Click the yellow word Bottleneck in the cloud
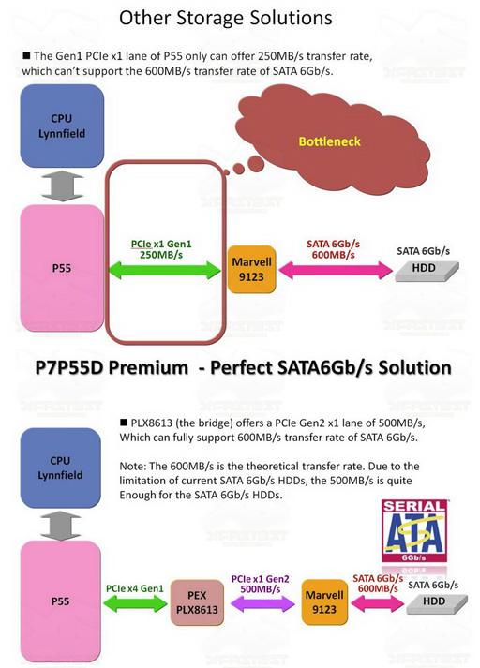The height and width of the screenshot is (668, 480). point(329,141)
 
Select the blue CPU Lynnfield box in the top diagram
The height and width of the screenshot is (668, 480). point(62,126)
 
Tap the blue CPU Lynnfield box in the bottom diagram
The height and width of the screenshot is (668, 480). point(61,468)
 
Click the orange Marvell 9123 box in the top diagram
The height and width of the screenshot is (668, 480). point(251,269)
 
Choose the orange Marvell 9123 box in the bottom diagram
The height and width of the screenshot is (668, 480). point(324,602)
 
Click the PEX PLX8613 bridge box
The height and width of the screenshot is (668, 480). point(197,602)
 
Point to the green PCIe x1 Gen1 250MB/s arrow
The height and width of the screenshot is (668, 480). point(165,270)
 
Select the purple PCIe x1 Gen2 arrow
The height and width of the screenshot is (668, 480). point(262,603)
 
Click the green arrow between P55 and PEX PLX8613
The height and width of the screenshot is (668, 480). point(136,603)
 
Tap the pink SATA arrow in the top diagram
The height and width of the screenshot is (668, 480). point(336,270)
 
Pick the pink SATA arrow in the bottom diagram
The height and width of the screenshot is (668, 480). point(377,603)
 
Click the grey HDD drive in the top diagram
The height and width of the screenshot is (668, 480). point(427,271)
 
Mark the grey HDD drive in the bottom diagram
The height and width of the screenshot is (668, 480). point(437,604)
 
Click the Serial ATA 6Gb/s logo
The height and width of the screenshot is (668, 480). point(414,531)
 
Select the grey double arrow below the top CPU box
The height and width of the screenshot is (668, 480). point(62,186)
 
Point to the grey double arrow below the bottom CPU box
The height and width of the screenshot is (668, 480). point(61,526)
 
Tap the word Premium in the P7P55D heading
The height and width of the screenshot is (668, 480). point(147,367)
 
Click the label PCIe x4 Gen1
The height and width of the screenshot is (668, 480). point(135,588)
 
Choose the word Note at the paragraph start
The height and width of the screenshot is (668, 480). point(132,466)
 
